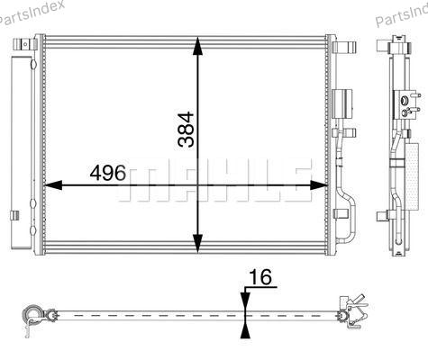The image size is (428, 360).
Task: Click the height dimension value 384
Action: (186, 130)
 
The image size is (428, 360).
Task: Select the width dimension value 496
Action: (108, 173)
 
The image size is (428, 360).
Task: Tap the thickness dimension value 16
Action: (260, 277)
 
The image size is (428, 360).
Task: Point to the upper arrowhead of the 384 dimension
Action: (197, 46)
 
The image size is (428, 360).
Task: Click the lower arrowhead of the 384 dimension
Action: (197, 244)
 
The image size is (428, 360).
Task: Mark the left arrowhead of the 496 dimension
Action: (53, 185)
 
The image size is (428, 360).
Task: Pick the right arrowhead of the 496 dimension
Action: (319, 185)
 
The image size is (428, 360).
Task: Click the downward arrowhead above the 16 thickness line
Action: (245, 300)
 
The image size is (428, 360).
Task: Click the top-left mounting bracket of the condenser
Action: (24, 44)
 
